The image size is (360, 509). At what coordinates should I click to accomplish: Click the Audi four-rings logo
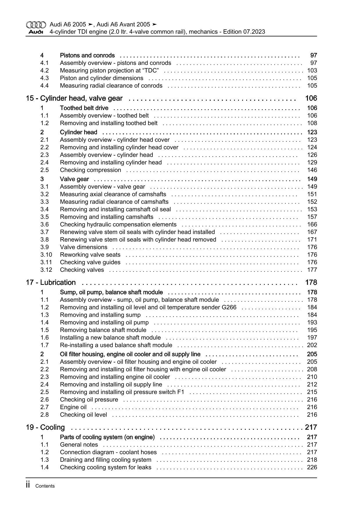tap(36, 25)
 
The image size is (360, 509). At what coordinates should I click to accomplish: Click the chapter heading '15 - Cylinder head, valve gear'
tap(74, 98)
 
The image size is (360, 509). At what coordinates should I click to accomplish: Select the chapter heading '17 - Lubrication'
tap(51, 283)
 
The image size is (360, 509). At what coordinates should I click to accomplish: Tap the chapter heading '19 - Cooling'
tap(45, 427)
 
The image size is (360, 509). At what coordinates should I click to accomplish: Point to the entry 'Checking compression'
tap(90, 170)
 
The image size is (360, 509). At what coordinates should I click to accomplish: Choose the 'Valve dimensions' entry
tap(84, 247)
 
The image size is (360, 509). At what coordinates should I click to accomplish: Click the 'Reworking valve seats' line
tap(90, 255)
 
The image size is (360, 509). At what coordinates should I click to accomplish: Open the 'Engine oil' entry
tap(73, 407)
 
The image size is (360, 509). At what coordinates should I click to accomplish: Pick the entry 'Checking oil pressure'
tap(89, 400)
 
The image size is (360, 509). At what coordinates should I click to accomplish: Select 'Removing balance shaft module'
tap(103, 330)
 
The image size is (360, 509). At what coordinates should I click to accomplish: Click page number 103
tap(312, 71)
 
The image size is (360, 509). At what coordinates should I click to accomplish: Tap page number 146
tap(312, 170)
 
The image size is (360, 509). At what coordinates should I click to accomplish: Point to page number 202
tap(312, 345)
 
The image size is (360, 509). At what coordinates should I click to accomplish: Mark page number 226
tap(312, 467)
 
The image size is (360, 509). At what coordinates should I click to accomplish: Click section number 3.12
tap(46, 270)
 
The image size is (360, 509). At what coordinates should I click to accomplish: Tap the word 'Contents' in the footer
tap(45, 486)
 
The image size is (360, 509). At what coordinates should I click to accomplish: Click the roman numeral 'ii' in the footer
tap(28, 485)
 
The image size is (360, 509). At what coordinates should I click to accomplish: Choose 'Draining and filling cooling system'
tap(105, 460)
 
